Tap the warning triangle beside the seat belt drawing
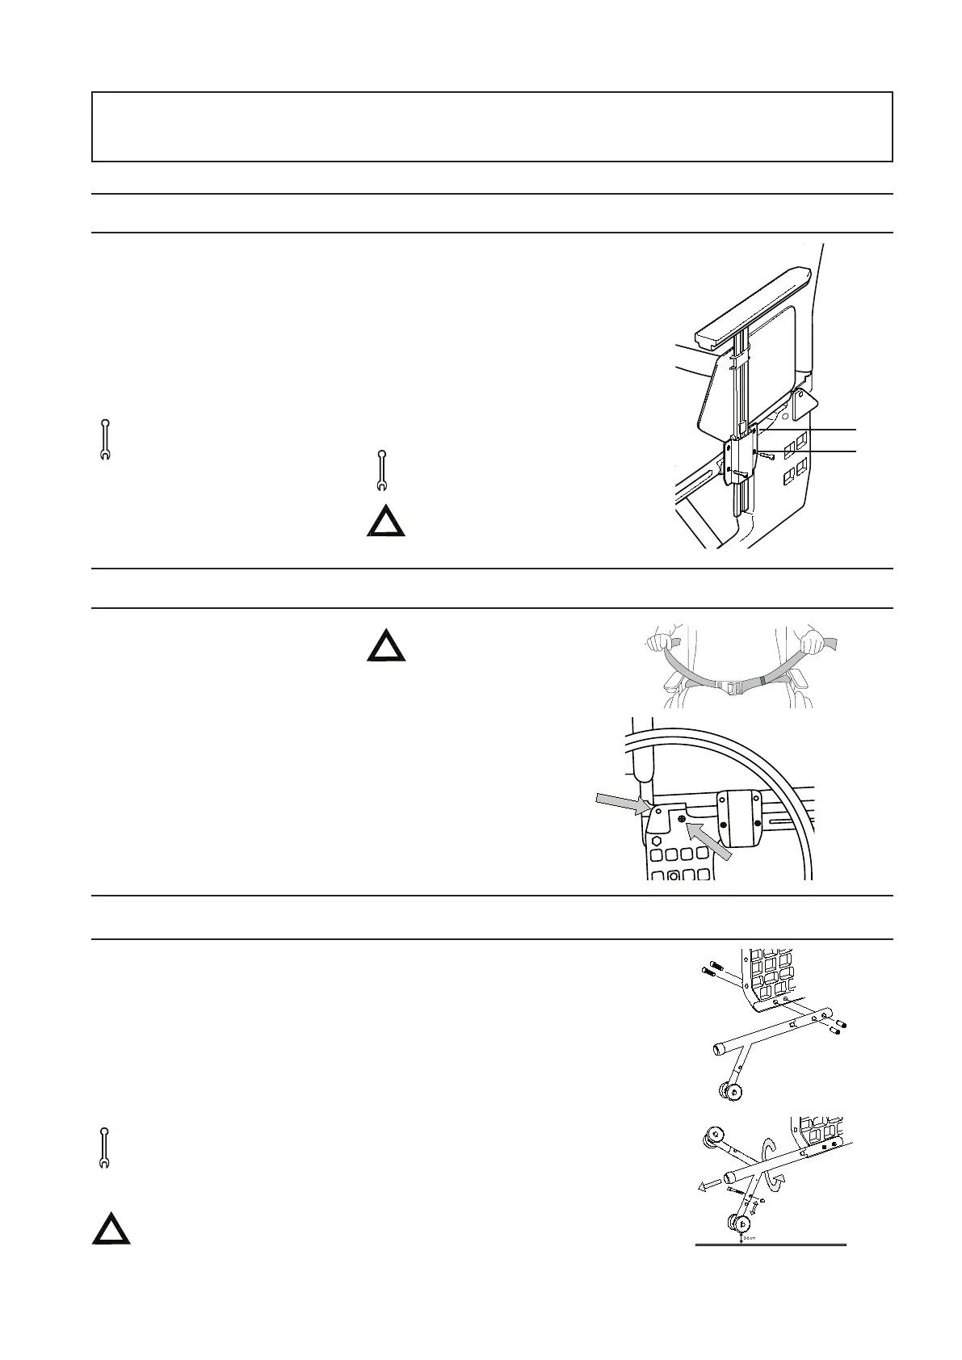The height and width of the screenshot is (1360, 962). (x=386, y=647)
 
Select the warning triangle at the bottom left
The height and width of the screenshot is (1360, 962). (x=111, y=1231)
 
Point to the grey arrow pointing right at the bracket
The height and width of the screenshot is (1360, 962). (x=620, y=802)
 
